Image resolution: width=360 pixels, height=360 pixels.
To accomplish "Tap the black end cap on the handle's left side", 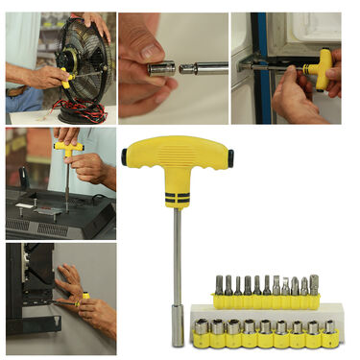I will pos(125,153).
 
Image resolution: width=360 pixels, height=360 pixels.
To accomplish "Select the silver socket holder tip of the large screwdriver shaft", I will pos(178,332).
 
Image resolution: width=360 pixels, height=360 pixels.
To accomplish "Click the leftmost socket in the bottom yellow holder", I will pos(202,332).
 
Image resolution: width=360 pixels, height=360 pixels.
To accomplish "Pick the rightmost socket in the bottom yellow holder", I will pos(330,332).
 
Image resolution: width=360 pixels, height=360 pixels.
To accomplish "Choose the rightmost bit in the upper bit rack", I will pos(314,287).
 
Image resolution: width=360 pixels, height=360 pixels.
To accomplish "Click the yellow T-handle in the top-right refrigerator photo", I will pos(324,66).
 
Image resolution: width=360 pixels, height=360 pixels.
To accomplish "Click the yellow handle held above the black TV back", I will pos(67,148).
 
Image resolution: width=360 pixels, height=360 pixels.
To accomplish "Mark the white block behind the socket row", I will pos(269,313).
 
